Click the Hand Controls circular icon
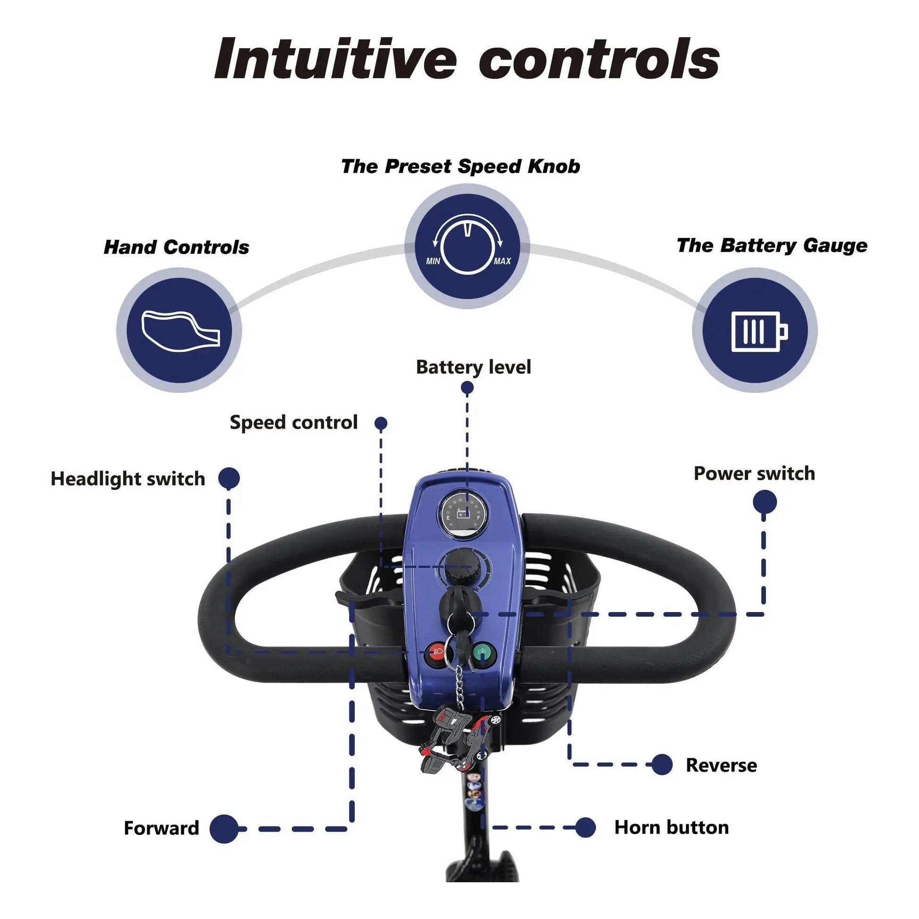coord(179,330)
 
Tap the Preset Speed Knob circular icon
coord(467,247)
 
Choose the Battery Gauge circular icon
coord(754,330)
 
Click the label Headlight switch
coord(128,479)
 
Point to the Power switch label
coord(754,474)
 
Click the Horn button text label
coord(671,828)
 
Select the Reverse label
coord(721,766)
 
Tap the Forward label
coord(161,828)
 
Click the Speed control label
coord(293,422)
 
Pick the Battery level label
coord(473,367)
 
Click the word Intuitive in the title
coord(335,60)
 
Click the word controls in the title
coord(599,60)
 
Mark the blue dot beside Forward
coord(224,829)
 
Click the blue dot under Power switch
coord(765,502)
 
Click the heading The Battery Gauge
coord(772,246)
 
